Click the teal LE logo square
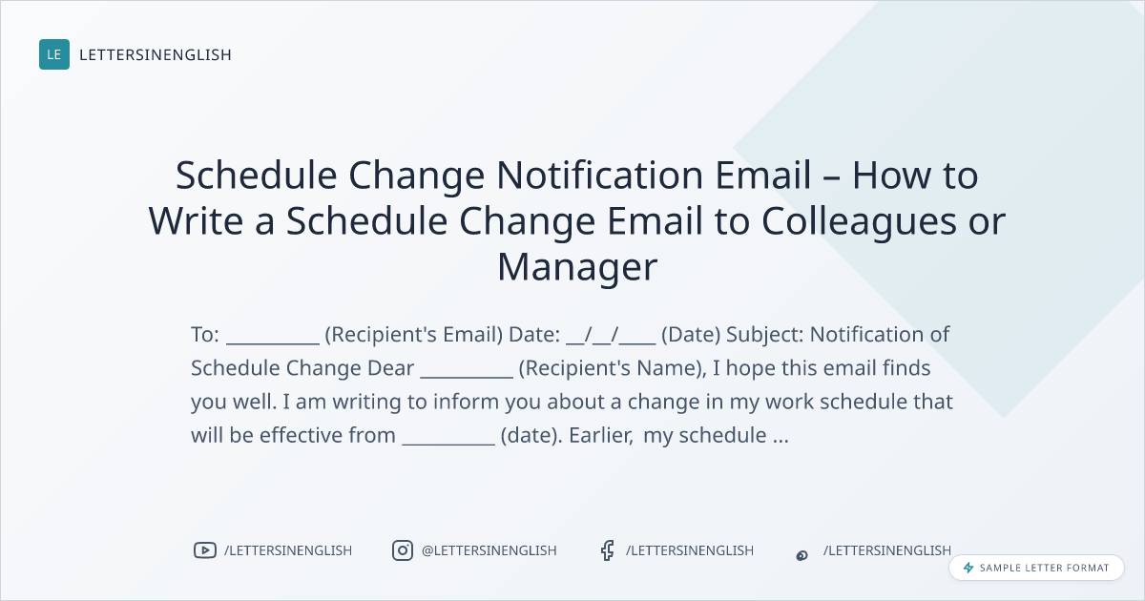pyautogui.click(x=54, y=54)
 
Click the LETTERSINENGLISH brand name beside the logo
pyautogui.click(x=156, y=54)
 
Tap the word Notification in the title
pyautogui.click(x=599, y=175)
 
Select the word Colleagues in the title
pyautogui.click(x=859, y=222)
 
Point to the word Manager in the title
pyautogui.click(x=577, y=267)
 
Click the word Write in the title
pyautogui.click(x=196, y=220)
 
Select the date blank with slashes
pyautogui.click(x=611, y=336)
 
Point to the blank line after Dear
pyautogui.click(x=467, y=377)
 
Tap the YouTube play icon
pyautogui.click(x=205, y=550)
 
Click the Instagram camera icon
pyautogui.click(x=403, y=550)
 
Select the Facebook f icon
pyautogui.click(x=607, y=550)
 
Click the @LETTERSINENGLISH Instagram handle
pyautogui.click(x=489, y=550)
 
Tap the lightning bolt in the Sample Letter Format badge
pyautogui.click(x=968, y=568)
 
